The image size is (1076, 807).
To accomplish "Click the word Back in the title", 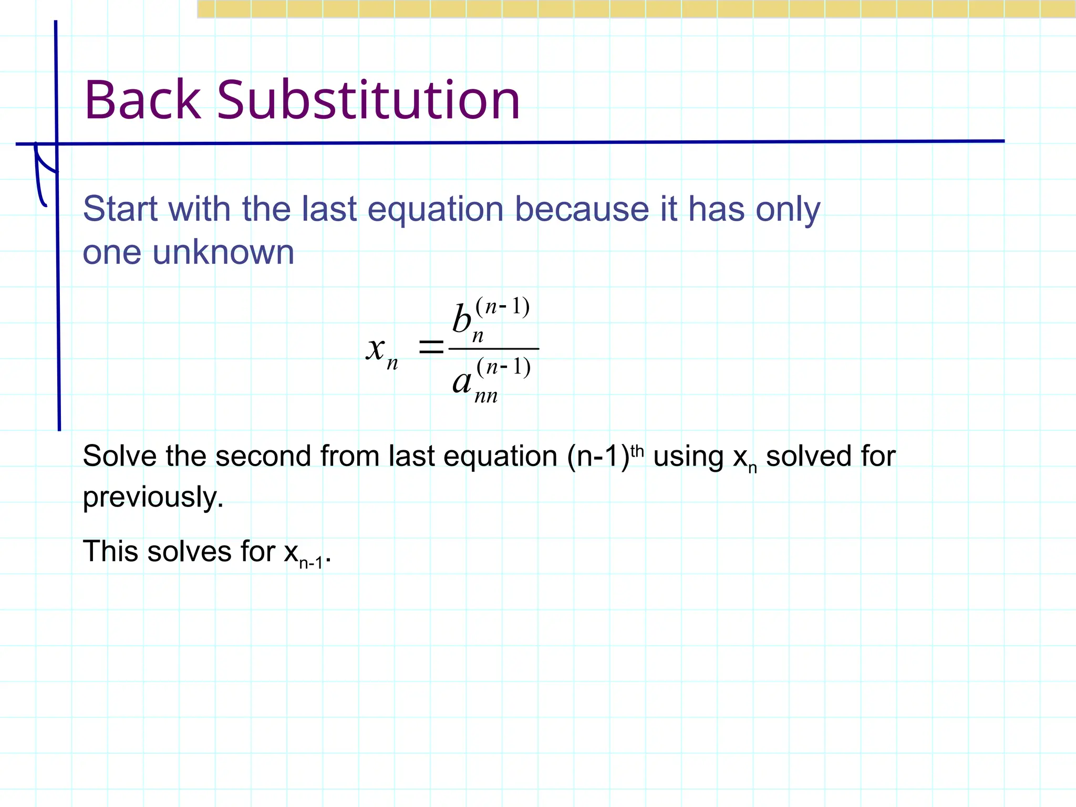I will point(142,100).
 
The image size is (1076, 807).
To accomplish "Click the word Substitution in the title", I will point(368,100).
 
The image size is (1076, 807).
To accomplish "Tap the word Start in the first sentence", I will point(120,209).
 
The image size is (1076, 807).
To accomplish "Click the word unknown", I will point(223,252).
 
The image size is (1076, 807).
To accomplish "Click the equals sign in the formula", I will point(430,347).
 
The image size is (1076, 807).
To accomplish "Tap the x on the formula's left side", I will point(376,347).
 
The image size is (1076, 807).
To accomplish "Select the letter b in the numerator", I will point(462,319).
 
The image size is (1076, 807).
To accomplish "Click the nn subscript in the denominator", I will point(486,396).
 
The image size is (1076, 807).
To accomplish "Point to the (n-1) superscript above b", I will point(502,306).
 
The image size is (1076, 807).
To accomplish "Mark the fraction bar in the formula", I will point(494,348).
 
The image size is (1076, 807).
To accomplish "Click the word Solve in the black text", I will point(119,456).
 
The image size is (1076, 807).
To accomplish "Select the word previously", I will point(153,497).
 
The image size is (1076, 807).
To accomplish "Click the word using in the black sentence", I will point(688,457).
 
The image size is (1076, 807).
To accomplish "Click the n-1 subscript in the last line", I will point(311,563).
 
